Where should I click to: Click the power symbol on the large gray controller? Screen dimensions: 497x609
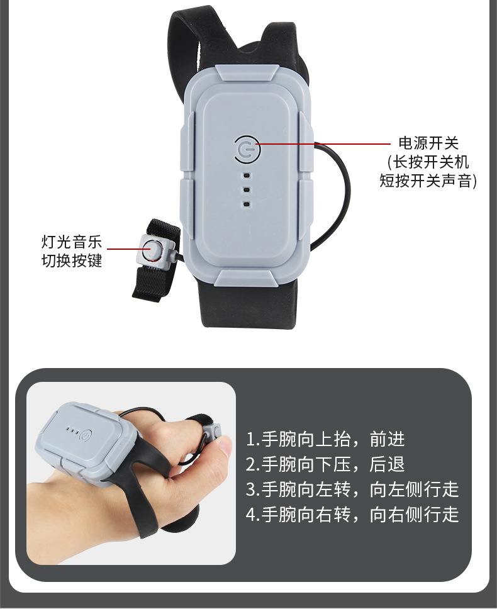point(247,148)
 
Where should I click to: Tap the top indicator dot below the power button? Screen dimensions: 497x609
point(247,176)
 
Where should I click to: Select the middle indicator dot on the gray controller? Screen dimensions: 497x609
point(247,190)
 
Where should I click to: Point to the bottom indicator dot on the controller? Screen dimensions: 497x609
point(247,204)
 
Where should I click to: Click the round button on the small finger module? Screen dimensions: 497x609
point(150,250)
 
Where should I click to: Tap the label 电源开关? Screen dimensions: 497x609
point(428,143)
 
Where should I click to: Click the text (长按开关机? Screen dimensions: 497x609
point(428,162)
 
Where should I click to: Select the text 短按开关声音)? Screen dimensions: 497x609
point(428,181)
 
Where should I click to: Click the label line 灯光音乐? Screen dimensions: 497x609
point(72,242)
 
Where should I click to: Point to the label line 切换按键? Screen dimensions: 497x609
point(72,260)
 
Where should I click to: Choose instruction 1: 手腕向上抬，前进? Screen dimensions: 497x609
point(325,439)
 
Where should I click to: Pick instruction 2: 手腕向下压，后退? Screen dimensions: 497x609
point(325,464)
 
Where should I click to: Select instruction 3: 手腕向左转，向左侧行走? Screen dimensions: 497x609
point(352,489)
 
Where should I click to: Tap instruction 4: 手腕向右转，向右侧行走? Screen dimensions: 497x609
point(352,515)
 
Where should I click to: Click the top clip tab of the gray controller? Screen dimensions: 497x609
point(247,72)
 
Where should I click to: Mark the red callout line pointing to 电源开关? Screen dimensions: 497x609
point(324,144)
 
